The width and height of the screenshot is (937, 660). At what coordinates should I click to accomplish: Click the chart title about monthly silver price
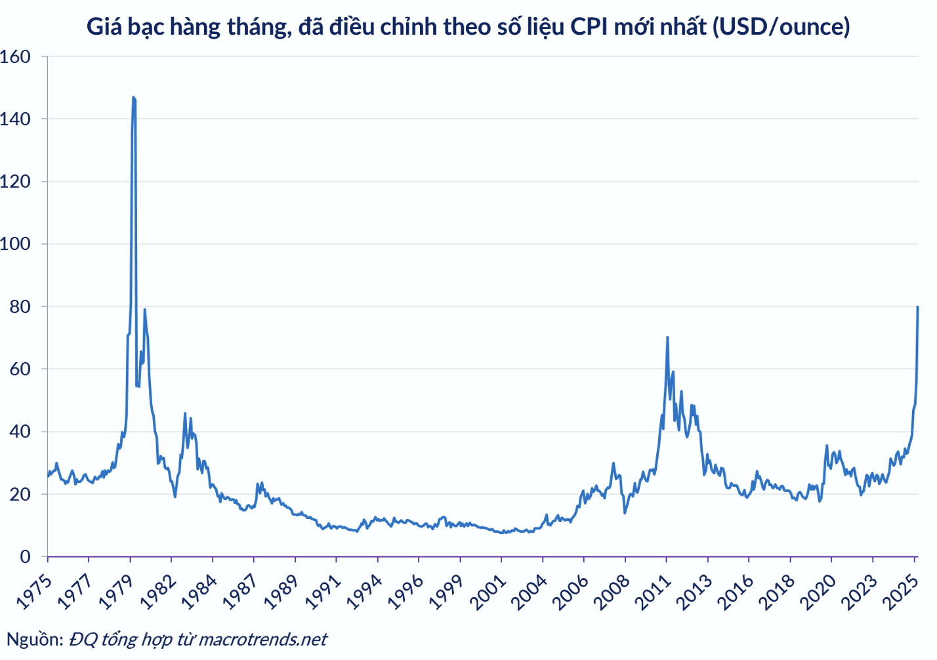coord(468,26)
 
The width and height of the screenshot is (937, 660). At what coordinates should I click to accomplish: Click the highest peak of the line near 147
coord(133,97)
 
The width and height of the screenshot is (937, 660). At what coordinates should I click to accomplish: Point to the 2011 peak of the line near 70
coord(667,337)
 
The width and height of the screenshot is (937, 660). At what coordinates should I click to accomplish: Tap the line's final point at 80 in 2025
coord(917,306)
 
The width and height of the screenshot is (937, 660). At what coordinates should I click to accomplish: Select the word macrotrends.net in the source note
coord(262,639)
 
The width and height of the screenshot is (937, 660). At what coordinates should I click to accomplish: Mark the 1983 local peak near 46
coord(185,413)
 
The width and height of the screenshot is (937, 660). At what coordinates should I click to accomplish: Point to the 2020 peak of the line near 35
coord(827,445)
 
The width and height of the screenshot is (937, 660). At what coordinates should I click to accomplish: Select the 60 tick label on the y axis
coord(20,369)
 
